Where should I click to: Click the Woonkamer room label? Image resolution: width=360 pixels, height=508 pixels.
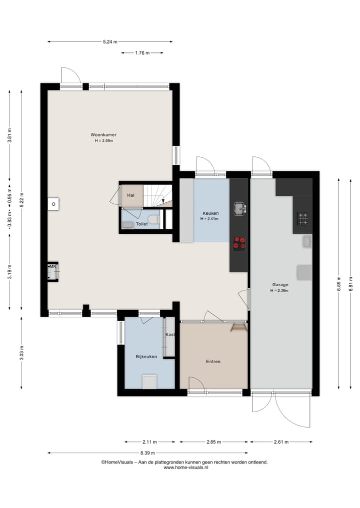click(103, 134)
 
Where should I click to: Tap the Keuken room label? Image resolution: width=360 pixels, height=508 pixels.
click(210, 213)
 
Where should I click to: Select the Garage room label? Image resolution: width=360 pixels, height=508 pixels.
click(280, 285)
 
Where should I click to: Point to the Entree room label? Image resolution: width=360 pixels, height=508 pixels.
click(213, 362)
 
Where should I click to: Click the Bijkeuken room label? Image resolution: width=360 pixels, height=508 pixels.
click(146, 357)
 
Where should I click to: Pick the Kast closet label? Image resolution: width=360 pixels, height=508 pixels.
click(170, 335)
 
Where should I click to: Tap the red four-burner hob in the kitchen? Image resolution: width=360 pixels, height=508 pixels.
click(239, 243)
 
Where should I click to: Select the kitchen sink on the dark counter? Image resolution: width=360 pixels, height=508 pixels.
click(239, 207)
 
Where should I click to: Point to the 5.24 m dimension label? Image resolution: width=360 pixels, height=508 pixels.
click(110, 42)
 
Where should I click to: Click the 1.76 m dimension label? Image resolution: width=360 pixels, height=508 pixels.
click(142, 52)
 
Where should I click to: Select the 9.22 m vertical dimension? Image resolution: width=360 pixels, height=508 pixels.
click(21, 198)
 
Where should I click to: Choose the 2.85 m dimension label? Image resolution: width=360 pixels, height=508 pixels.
click(213, 442)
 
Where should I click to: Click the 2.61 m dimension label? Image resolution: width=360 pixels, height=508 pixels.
click(281, 442)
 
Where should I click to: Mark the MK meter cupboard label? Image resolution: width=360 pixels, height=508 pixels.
click(52, 267)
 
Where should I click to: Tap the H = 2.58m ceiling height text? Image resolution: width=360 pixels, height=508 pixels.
click(104, 141)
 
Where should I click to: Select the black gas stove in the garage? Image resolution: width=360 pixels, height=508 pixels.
click(302, 217)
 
